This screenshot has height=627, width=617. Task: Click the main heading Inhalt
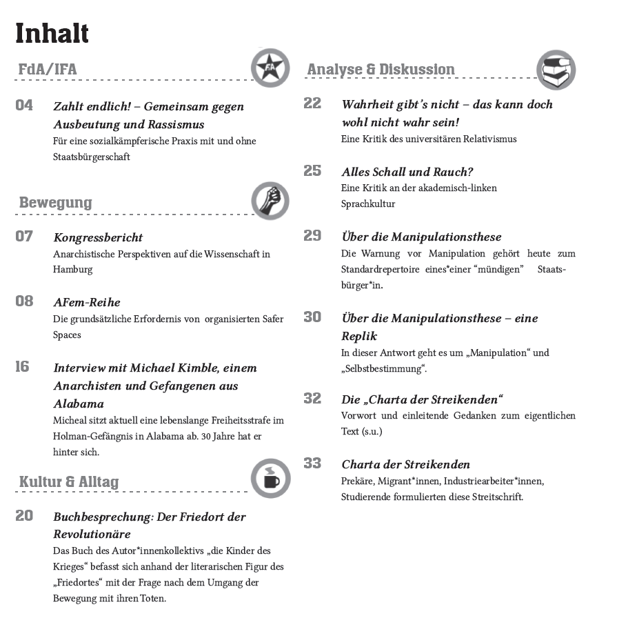52,32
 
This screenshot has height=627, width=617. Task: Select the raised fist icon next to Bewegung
270,201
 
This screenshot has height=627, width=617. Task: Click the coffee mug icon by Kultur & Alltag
270,478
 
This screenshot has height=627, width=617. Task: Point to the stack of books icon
556,70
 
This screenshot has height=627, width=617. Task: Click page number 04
25,106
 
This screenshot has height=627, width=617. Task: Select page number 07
24,237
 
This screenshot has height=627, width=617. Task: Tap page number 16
23,367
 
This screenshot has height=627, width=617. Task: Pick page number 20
24,515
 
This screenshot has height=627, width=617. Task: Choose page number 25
312,171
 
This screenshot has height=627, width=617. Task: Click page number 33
312,464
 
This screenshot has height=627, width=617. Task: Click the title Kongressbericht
98,237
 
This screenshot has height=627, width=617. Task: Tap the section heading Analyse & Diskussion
381,70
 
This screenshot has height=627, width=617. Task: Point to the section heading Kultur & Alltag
69,481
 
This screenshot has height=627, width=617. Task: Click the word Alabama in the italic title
79,403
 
